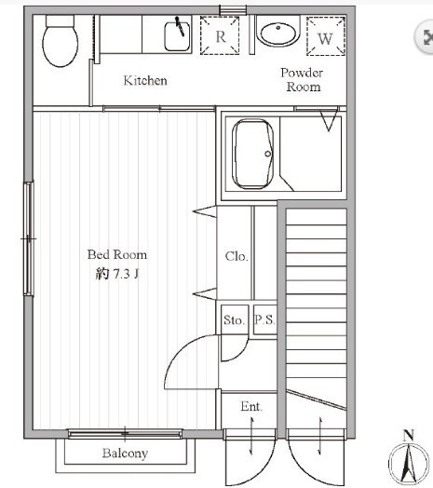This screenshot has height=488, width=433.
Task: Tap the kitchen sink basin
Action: click(177, 36)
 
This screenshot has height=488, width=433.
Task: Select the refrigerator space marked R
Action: click(220, 35)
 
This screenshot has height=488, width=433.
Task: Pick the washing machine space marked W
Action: click(326, 36)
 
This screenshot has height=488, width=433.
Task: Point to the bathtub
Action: click(252, 154)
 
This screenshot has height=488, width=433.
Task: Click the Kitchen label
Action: click(145, 81)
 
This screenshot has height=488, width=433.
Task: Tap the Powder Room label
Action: click(302, 80)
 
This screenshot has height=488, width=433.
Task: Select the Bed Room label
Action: click(116, 254)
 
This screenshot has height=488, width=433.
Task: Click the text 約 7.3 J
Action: click(117, 274)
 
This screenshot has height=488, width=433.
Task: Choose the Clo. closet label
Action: click(237, 256)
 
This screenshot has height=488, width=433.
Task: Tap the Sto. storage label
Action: click(234, 320)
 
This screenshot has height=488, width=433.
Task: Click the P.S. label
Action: click(264, 319)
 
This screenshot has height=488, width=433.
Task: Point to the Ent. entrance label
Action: click(251, 406)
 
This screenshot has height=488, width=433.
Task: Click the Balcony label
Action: click(125, 454)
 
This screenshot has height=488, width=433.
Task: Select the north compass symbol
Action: click(409, 464)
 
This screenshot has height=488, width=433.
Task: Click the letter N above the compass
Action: click(409, 435)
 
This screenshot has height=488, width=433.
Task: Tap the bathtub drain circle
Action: click(267, 154)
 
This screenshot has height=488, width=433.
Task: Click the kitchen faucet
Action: click(180, 26)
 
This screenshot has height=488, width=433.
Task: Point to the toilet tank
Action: click(61, 20)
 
